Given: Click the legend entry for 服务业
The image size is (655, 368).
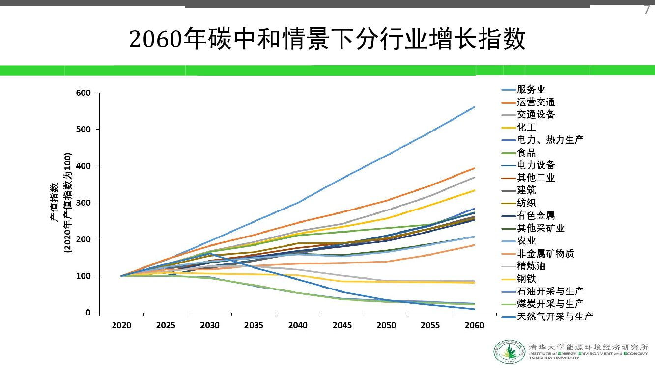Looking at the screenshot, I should [x=531, y=89].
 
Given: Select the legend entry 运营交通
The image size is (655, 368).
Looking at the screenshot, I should [x=536, y=102].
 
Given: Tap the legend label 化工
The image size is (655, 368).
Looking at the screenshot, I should [x=526, y=127].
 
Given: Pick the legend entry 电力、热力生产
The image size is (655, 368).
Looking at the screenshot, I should [x=550, y=140].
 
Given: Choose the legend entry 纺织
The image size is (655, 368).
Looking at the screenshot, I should [x=526, y=203].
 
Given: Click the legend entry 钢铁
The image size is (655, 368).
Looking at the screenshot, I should [x=526, y=279].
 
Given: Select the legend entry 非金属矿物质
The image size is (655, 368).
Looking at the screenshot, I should [x=545, y=253].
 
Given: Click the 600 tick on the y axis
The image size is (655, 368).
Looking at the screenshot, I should [x=84, y=93].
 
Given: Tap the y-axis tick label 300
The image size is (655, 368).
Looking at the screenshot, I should [x=84, y=203].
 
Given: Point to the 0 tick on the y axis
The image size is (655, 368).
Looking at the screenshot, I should [x=87, y=313].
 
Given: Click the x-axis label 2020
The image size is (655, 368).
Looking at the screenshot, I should [x=121, y=325].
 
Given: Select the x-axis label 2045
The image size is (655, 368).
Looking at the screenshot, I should [x=342, y=325].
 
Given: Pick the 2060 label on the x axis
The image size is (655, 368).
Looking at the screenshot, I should [x=474, y=325].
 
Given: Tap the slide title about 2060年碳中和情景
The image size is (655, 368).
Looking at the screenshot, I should [x=327, y=39].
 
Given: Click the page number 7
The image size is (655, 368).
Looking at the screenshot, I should [x=647, y=10].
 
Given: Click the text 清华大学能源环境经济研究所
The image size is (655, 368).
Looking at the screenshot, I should [x=588, y=347].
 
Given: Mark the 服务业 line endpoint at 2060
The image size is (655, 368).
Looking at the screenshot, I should [x=474, y=107].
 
